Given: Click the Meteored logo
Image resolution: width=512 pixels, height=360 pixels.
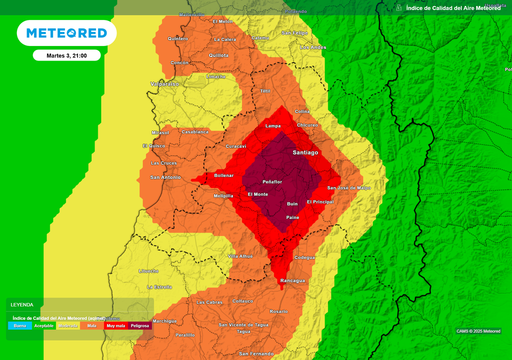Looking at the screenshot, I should pos(66,33).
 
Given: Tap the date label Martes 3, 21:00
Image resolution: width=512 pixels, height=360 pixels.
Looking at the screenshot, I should pos(66,55).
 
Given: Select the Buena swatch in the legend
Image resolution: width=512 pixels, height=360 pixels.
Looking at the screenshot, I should pos(20,325).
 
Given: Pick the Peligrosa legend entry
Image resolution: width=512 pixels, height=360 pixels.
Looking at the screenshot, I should pos(140,325).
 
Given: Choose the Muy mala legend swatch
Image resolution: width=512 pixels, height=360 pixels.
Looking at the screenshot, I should pos(116,325).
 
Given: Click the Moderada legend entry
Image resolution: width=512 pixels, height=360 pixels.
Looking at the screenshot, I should pos(68,325).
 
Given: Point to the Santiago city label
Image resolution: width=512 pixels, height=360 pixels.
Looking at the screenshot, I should pos(305,152).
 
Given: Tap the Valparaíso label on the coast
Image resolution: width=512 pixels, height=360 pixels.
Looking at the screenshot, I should pos(164,84).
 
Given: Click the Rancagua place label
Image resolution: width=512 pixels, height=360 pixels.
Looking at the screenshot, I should pos(292,280).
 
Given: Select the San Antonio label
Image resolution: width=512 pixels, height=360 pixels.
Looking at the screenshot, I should pos(165,177).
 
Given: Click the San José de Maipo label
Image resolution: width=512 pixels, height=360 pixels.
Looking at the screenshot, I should pos(349,188).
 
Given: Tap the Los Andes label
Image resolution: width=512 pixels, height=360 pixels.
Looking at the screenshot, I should pos(313,47).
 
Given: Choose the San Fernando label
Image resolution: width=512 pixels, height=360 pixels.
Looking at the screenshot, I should pos(256,354).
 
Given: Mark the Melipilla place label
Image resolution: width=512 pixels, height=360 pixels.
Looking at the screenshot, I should pos(223,196).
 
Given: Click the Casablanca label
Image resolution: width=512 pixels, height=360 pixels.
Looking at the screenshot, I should pos(195,132).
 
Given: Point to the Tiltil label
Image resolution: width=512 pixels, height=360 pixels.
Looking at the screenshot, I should pos(265,91).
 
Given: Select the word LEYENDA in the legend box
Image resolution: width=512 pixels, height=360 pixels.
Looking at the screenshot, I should pos(22,304).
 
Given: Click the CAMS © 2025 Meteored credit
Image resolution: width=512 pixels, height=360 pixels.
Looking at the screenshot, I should pos(478,331).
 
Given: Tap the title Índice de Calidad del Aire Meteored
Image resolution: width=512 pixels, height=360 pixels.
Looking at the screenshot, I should pos(453,8).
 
